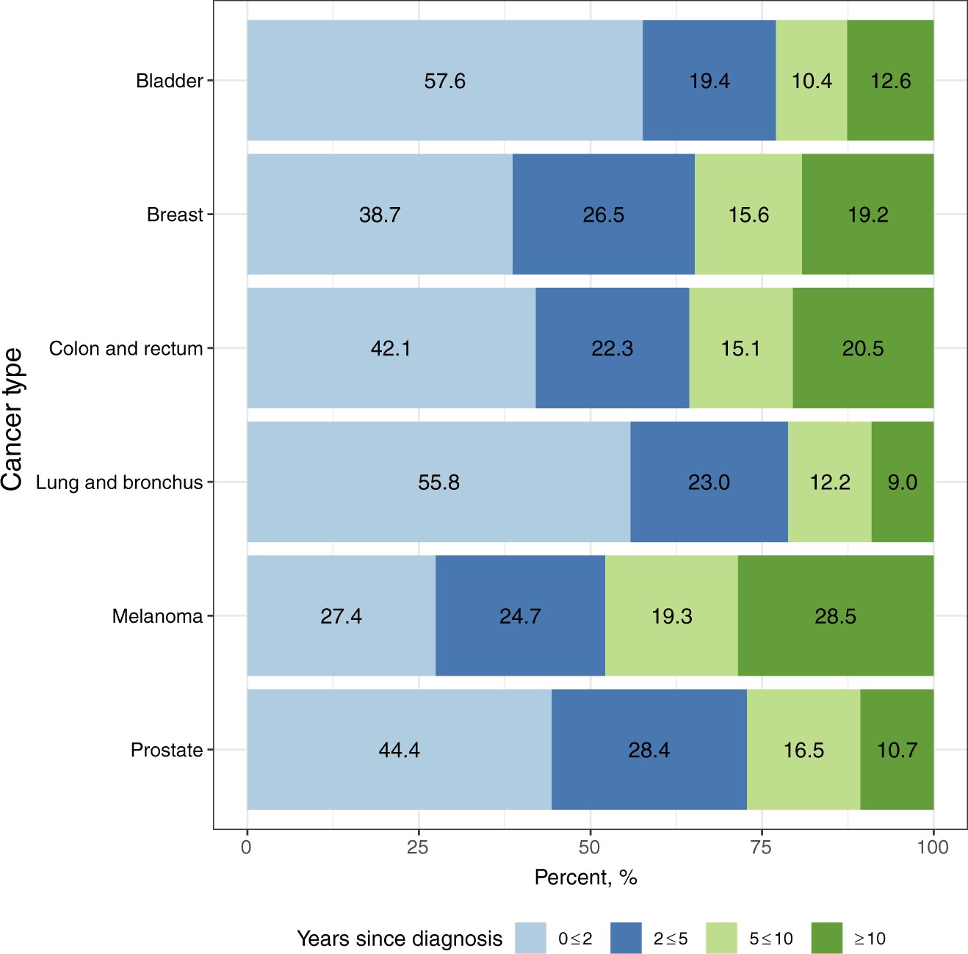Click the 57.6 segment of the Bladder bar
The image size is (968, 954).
(x=444, y=80)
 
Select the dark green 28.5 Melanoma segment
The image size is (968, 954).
(x=835, y=615)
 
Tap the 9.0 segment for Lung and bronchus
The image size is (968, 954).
(x=902, y=482)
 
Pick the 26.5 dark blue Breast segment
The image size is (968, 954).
(x=603, y=214)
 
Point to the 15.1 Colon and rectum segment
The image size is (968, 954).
(x=740, y=348)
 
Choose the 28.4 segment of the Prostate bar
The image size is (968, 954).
(x=649, y=750)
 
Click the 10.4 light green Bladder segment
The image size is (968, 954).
(x=811, y=80)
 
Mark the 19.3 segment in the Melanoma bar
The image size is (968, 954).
(x=671, y=615)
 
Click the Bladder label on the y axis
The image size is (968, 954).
(x=169, y=81)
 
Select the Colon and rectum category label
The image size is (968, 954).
(x=126, y=348)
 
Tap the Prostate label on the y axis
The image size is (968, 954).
(x=166, y=750)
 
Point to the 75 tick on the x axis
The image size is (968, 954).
(x=761, y=848)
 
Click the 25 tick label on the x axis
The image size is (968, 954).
(x=418, y=848)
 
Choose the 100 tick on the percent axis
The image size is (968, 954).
(x=933, y=848)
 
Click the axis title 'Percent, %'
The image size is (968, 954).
(x=585, y=878)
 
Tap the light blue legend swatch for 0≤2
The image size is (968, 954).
(x=530, y=939)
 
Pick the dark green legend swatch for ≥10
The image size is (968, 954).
(x=827, y=939)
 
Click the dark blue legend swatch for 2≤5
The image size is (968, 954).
(x=626, y=939)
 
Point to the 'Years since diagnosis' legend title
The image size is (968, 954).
(x=400, y=939)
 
